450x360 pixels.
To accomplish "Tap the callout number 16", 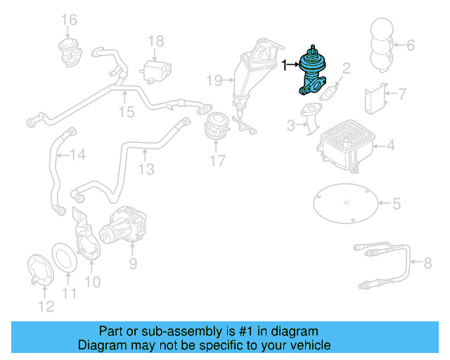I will (68, 18).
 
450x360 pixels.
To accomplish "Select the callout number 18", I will (156, 41).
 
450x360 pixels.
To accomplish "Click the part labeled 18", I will (157, 70).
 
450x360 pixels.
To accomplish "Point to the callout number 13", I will (146, 169).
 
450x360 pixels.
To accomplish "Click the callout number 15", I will (125, 112).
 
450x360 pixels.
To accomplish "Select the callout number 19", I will (214, 80).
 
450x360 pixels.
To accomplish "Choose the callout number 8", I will (427, 264).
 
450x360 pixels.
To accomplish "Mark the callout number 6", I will (411, 46).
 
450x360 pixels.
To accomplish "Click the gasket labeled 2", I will (328, 91).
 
